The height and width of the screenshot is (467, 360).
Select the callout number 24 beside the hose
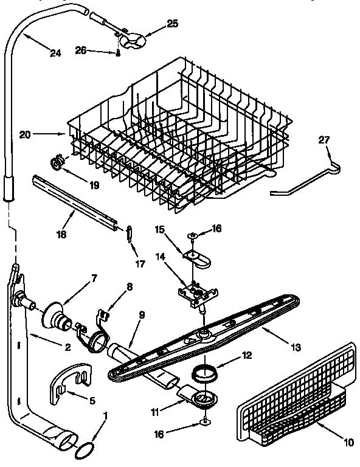coord(55,53)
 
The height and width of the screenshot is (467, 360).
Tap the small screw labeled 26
coord(119,54)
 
